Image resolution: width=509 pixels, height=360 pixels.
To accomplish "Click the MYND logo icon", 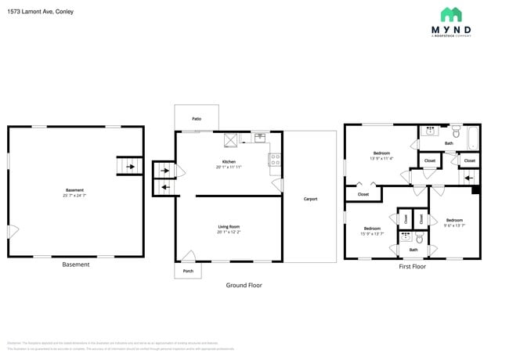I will pyautogui.click(x=451, y=15).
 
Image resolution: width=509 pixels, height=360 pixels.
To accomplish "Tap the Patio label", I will pyautogui.click(x=197, y=119).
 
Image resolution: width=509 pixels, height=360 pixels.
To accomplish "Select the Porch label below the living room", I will pyautogui.click(x=187, y=271).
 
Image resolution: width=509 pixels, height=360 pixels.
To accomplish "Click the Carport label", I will pyautogui.click(x=310, y=199).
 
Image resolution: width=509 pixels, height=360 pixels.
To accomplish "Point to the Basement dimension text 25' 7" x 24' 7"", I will pyautogui.click(x=74, y=195).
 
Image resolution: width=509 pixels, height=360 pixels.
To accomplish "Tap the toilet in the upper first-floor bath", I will pyautogui.click(x=455, y=134).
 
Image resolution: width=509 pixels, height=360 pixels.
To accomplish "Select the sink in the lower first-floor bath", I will pyautogui.click(x=405, y=236).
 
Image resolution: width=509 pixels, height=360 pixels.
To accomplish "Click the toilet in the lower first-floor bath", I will pyautogui.click(x=420, y=239).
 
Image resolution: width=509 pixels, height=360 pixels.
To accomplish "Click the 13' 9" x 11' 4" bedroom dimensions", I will pyautogui.click(x=381, y=158).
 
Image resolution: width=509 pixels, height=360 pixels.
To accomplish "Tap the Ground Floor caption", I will pyautogui.click(x=244, y=286).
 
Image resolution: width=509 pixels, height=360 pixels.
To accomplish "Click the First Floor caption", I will pyautogui.click(x=412, y=267).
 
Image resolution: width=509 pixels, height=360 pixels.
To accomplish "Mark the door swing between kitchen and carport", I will pyautogui.click(x=277, y=184).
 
